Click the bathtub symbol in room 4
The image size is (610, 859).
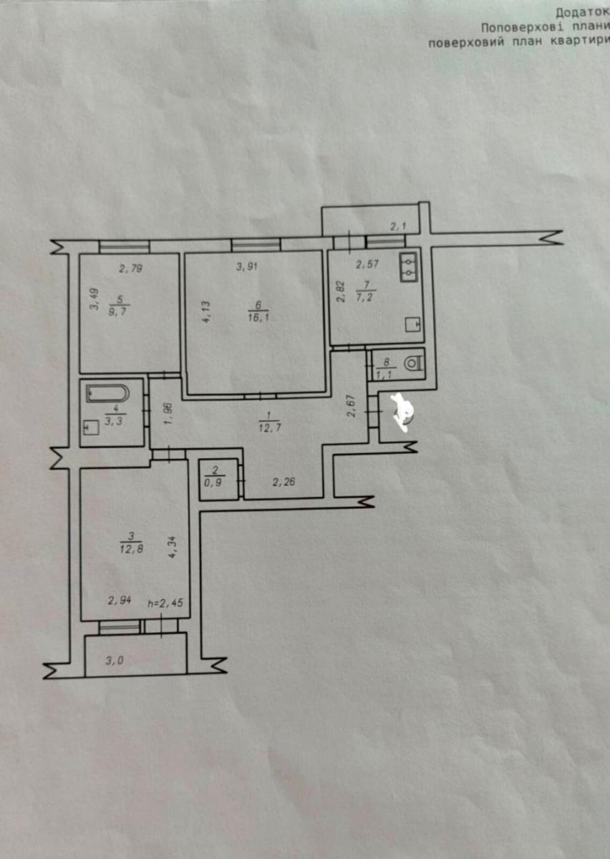[107, 394]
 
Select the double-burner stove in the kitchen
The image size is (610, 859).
[409, 268]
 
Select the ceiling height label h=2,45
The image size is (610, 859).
[165, 603]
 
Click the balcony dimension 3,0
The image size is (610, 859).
[114, 661]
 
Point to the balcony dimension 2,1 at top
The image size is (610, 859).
[398, 227]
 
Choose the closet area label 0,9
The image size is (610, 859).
[213, 482]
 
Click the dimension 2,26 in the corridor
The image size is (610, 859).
[284, 482]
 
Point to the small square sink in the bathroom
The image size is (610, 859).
[91, 429]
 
